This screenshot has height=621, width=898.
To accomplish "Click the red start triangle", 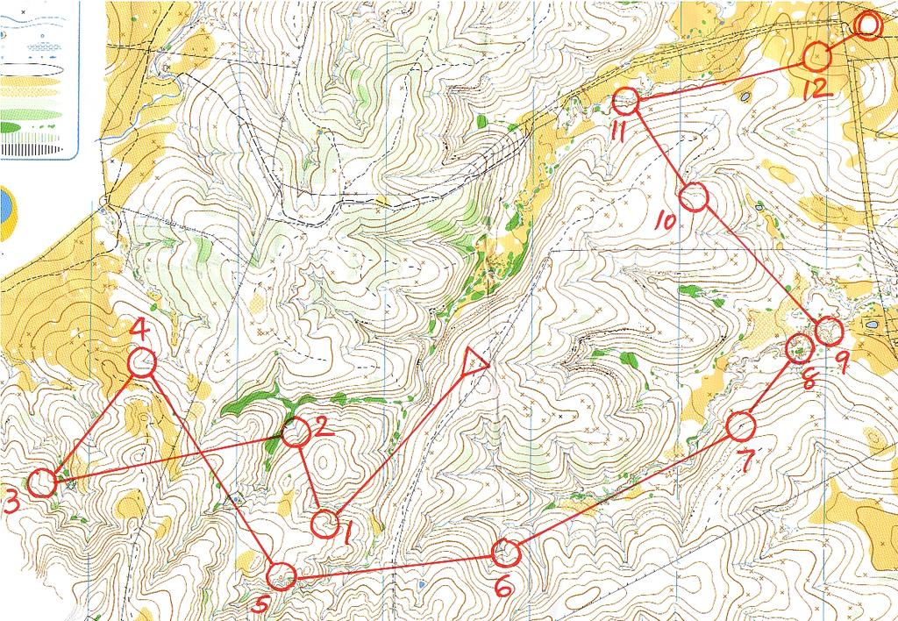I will [474, 360].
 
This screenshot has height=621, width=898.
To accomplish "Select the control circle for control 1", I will [325, 524].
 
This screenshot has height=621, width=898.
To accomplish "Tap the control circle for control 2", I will [296, 432].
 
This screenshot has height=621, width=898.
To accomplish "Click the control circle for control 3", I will [40, 482].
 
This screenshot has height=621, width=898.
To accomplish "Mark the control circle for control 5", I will [281, 576].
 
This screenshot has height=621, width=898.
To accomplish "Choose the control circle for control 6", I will [506, 553].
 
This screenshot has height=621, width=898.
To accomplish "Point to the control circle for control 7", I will [741, 426].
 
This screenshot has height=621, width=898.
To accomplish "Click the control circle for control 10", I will [693, 197].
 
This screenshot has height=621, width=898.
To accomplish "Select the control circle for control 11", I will [624, 102].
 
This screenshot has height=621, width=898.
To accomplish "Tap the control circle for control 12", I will [816, 56].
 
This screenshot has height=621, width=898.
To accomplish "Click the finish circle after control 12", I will [867, 25].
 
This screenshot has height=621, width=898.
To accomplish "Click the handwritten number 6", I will [504, 586].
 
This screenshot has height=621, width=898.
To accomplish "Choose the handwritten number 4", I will [139, 330].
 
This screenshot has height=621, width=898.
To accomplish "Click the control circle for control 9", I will [829, 332].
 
